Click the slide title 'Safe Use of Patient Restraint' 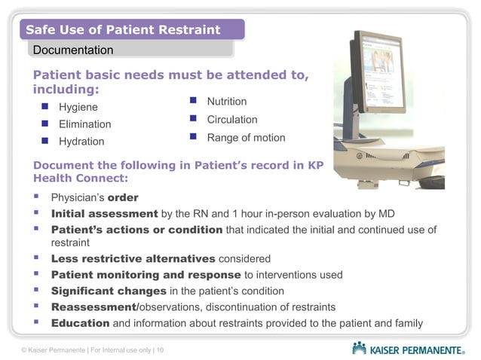point(123,30)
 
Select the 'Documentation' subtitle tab point(72,50)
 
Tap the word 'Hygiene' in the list point(78,107)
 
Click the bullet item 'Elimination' point(85,124)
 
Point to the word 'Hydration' point(82,142)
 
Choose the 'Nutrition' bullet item point(227,102)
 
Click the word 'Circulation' point(232,120)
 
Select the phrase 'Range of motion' point(246,138)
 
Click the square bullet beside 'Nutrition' point(193,101)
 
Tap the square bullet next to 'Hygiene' point(44,107)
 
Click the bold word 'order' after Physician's point(123,199)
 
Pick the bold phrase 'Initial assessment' point(104,214)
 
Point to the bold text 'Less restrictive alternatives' point(133,259)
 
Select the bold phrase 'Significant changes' point(109,291)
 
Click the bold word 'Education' point(80,324)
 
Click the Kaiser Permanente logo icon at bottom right point(360,348)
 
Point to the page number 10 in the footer point(161,351)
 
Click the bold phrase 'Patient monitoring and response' point(146,275)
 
